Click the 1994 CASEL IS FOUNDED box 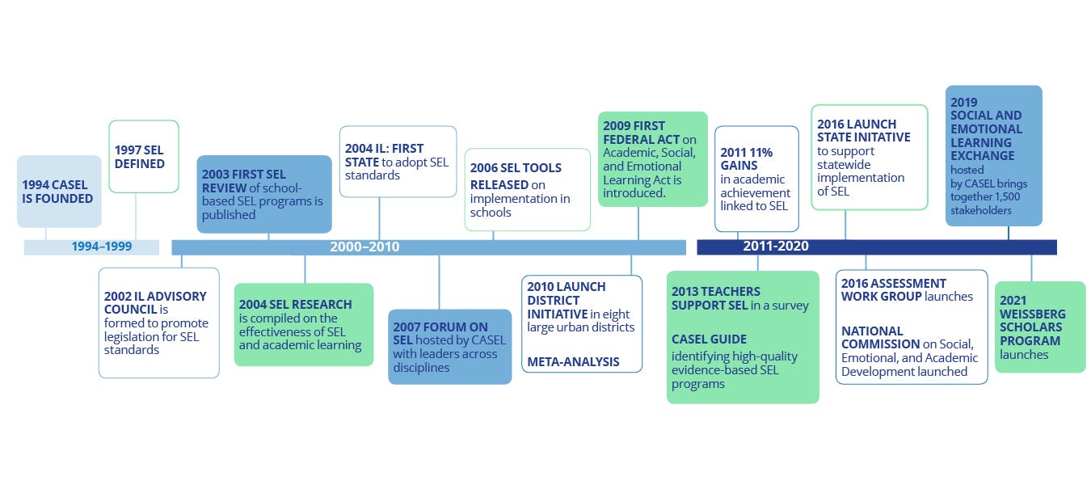[59, 192]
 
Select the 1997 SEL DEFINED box [143, 157]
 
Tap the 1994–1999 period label [102, 247]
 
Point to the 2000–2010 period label [364, 247]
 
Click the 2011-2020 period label [776, 247]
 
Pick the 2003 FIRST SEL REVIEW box [264, 194]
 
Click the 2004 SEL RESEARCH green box [304, 324]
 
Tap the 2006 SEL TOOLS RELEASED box [527, 189]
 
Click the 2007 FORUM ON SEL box [449, 347]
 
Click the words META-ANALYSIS [573, 361]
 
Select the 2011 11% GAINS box [756, 179]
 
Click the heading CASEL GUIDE [709, 339]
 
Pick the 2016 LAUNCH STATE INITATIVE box [869, 157]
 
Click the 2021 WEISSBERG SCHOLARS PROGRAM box [1039, 327]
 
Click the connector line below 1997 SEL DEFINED [136, 217]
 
